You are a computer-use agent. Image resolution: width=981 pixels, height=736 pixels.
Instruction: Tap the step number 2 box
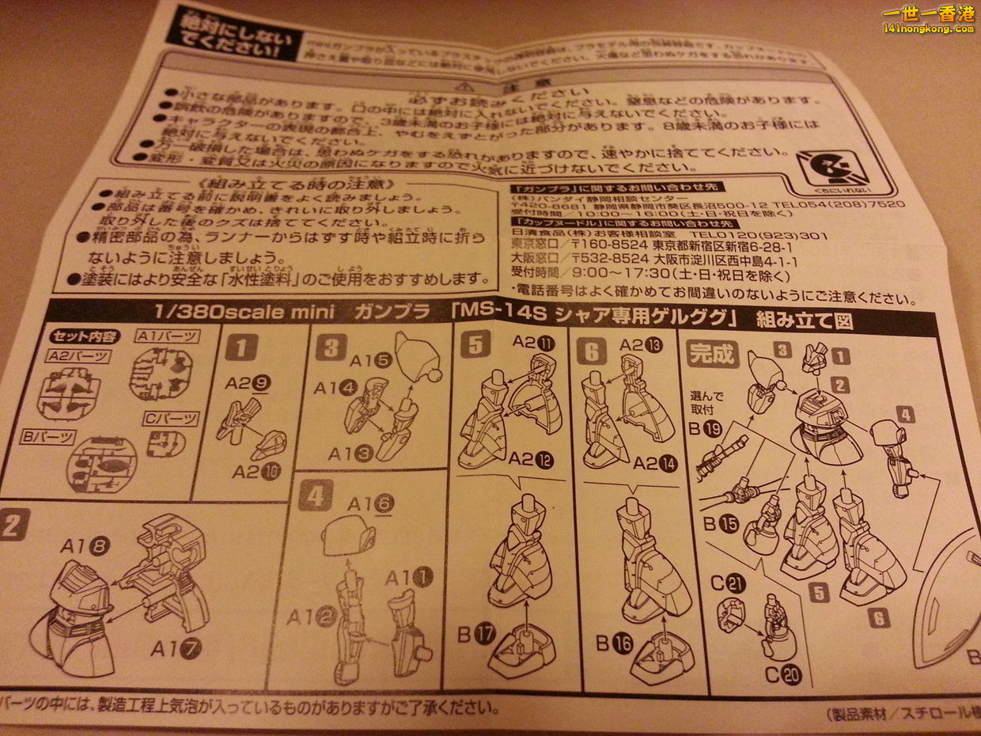pos(14,524)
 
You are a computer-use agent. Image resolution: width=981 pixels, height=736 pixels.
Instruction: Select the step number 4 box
pos(315,496)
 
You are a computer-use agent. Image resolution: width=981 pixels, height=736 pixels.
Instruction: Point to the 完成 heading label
pos(712,354)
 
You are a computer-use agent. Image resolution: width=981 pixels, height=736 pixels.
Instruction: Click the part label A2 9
pos(248,383)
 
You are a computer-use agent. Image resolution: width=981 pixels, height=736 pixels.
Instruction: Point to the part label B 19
pos(706,431)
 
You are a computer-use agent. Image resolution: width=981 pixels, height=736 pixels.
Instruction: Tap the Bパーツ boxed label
pos(48,436)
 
